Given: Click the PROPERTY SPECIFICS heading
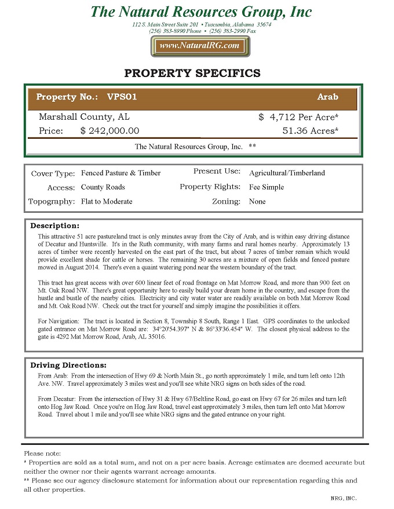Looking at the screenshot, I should (x=192, y=73).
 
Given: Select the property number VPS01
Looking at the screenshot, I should (x=122, y=97).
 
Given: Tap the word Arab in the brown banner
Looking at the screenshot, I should (x=327, y=97).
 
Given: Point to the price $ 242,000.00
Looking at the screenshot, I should (x=110, y=131).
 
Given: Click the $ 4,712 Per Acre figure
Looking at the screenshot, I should (x=298, y=117).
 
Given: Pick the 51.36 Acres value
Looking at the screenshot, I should (x=310, y=131).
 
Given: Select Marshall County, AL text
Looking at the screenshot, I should (x=84, y=117).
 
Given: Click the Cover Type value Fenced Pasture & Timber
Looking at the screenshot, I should (x=121, y=173).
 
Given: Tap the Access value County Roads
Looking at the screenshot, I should (x=103, y=187).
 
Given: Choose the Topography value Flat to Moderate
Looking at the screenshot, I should (x=107, y=202).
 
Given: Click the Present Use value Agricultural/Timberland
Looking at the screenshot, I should (x=287, y=173).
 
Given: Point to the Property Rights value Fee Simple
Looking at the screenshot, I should (x=267, y=187).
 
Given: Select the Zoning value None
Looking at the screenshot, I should (x=257, y=202).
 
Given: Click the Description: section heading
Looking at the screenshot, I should (x=54, y=226).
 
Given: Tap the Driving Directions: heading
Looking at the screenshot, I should (x=68, y=365).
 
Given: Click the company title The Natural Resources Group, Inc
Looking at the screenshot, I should (x=201, y=12).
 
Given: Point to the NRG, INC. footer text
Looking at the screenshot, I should (x=344, y=498).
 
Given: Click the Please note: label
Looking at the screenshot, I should (x=42, y=453).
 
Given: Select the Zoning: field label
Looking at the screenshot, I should (x=226, y=202).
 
